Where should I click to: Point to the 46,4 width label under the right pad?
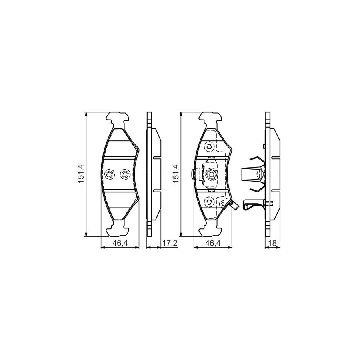click(212, 243)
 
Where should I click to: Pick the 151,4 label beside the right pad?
click(174, 174)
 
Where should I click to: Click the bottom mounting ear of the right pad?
click(211, 229)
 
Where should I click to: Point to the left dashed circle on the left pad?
click(110, 174)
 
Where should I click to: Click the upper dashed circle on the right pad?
click(209, 147)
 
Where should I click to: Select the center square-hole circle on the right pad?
click(211, 174)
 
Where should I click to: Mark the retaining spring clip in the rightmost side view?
click(252, 174)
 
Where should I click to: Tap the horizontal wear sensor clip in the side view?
click(256, 204)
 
